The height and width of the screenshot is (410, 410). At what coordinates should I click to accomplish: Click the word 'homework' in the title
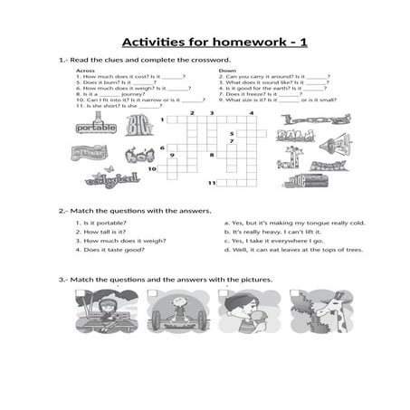pyautogui.click(x=245, y=43)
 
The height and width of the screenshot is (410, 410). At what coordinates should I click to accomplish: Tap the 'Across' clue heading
pyautogui.click(x=86, y=70)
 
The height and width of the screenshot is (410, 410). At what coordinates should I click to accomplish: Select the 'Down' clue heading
pyautogui.click(x=227, y=70)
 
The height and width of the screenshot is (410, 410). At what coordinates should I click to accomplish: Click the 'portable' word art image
pyautogui.click(x=97, y=129)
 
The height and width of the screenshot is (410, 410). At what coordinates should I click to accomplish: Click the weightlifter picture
pyautogui.click(x=176, y=312)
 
